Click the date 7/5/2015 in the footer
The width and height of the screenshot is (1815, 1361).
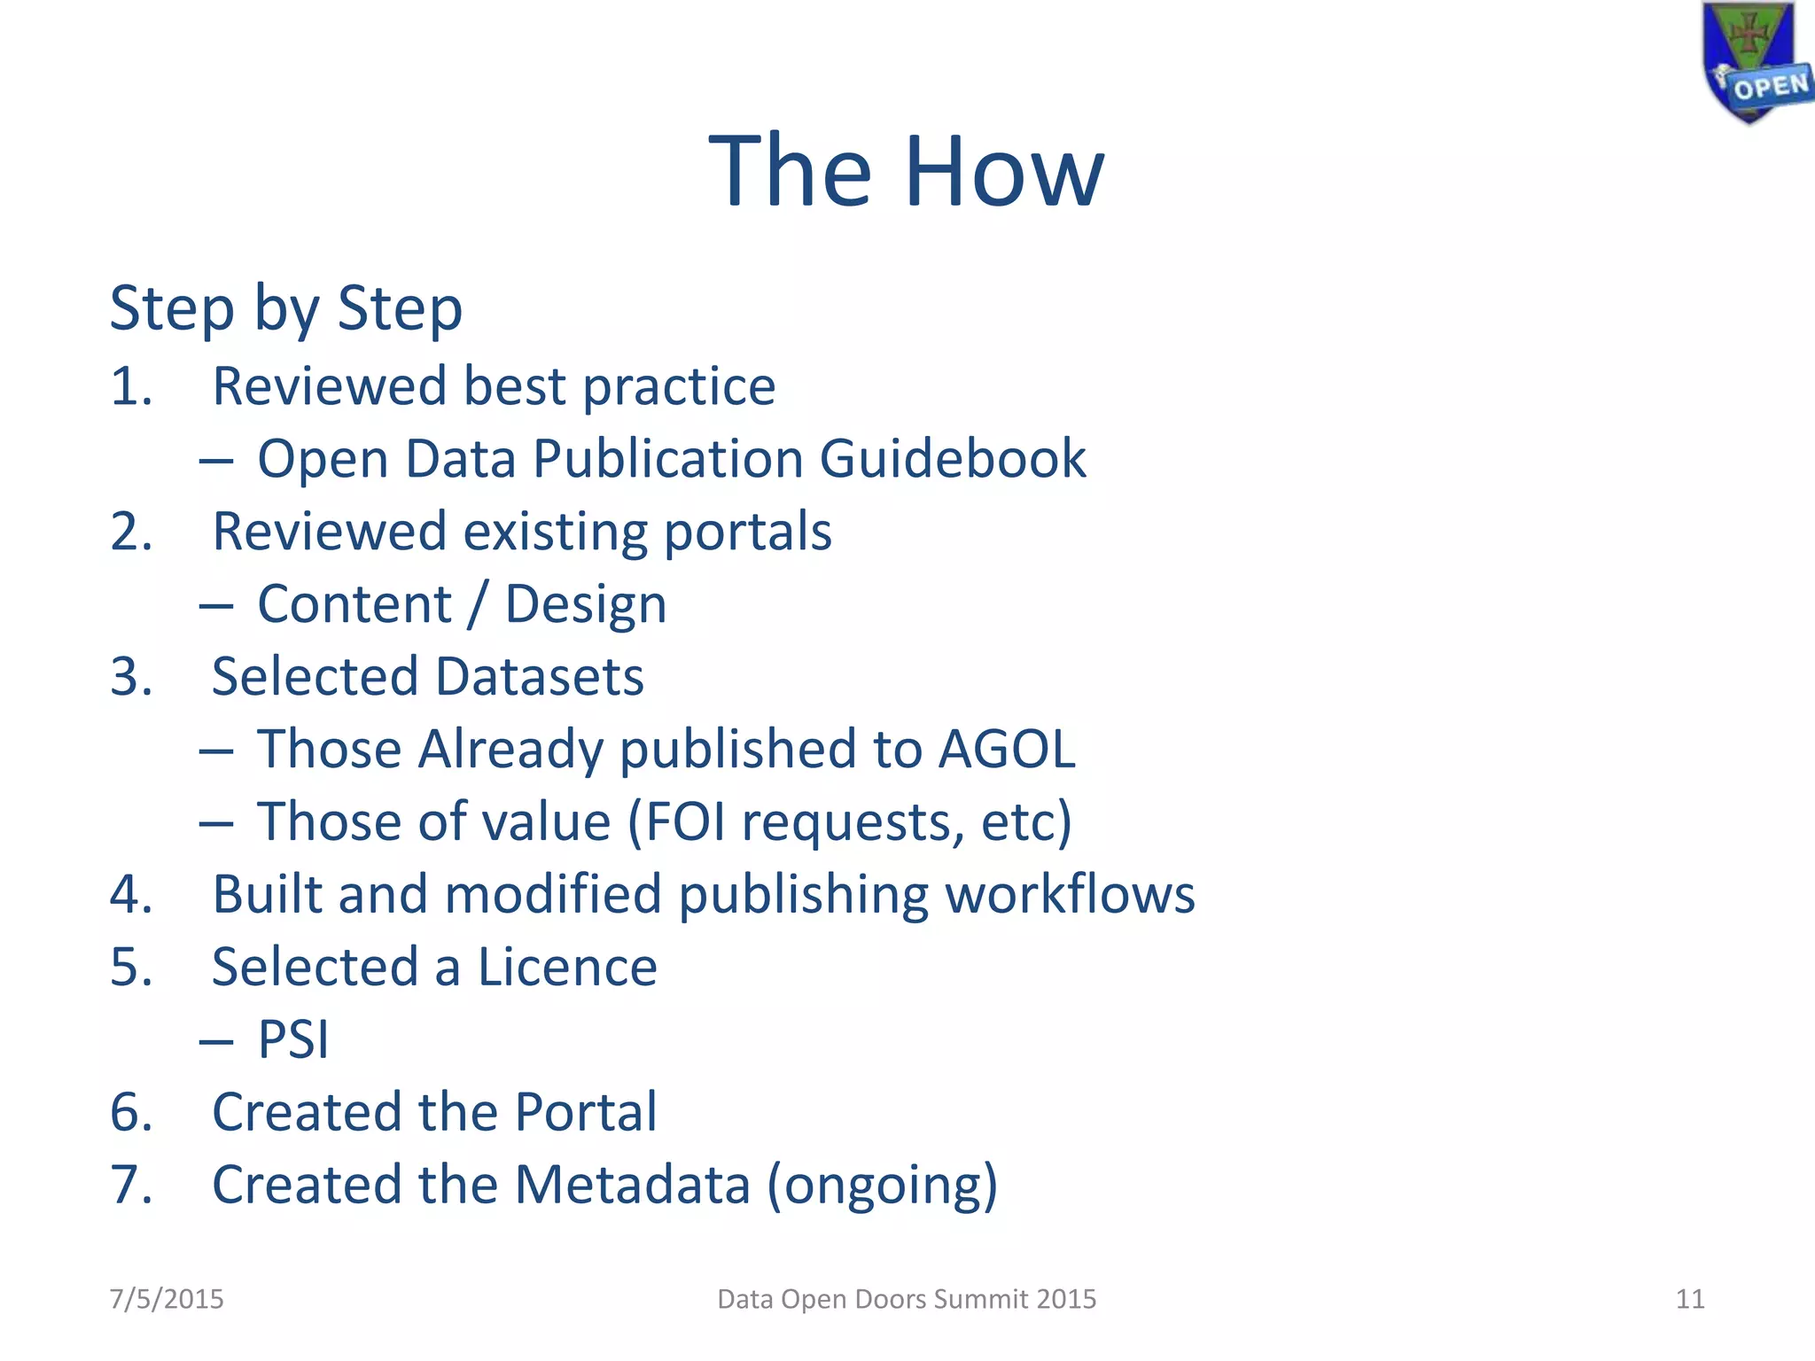click(x=167, y=1299)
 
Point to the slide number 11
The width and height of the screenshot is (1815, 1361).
click(x=1690, y=1299)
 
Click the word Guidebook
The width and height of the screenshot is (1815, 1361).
click(x=953, y=459)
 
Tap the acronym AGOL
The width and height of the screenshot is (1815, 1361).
click(x=1007, y=750)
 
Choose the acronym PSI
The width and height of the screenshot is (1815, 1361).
click(x=293, y=1039)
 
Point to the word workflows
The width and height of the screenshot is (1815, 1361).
click(x=1071, y=894)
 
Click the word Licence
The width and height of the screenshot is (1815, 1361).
click(x=568, y=967)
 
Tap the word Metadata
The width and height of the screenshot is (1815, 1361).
click(x=632, y=1185)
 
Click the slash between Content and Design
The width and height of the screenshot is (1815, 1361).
click(x=479, y=605)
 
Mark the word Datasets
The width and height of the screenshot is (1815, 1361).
click(x=540, y=677)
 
